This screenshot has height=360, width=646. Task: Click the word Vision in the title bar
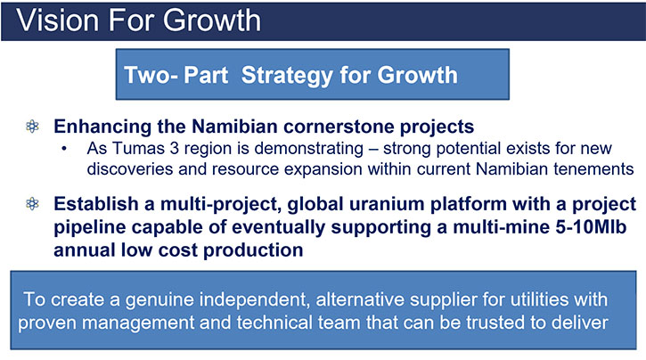tap(58, 20)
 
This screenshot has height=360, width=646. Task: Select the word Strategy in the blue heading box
tap(287, 76)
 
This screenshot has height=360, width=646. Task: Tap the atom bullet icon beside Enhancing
tap(33, 127)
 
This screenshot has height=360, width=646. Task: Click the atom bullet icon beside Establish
tap(33, 203)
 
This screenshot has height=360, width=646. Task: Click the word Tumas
tap(138, 148)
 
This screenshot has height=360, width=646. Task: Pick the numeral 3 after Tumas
tap(175, 148)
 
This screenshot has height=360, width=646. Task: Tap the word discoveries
tap(124, 169)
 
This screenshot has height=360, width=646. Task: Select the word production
tap(253, 251)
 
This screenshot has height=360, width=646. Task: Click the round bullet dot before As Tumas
tap(64, 149)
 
